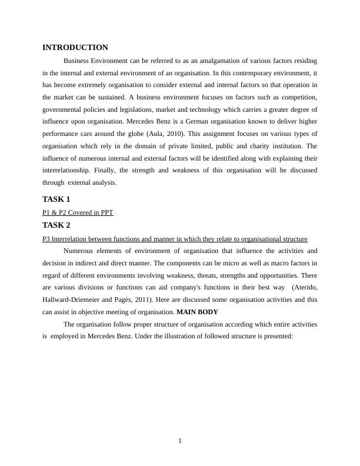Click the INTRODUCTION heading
click(75, 48)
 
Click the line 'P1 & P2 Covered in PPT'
click(78, 212)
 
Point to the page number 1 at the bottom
click(180, 441)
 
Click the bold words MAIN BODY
click(197, 312)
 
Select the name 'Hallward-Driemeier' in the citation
click(69, 300)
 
